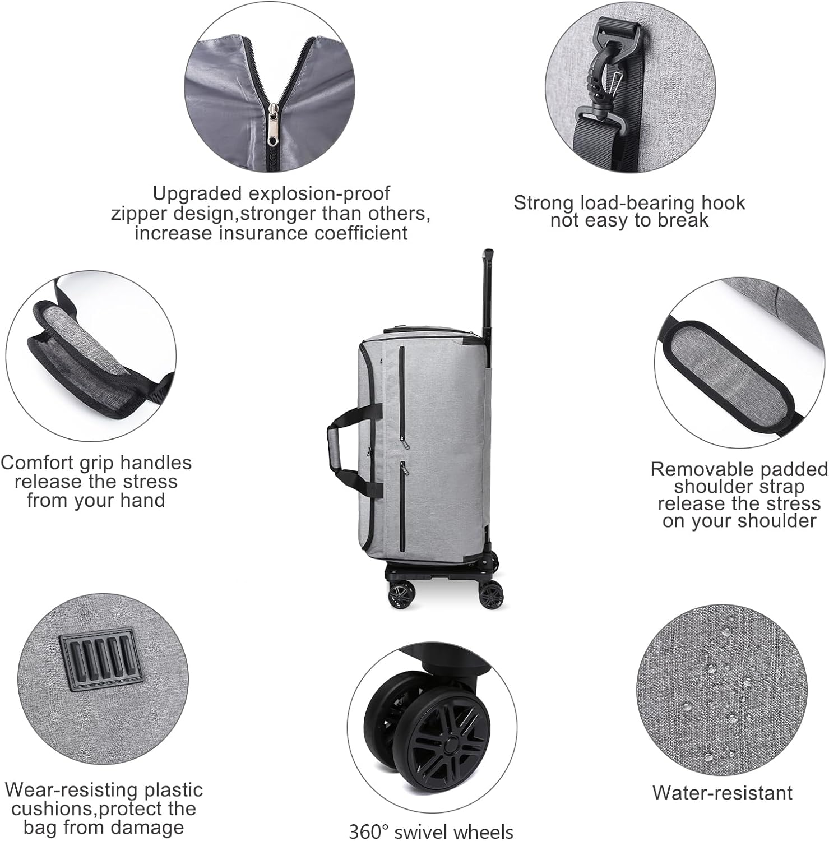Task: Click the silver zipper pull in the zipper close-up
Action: tap(273, 124)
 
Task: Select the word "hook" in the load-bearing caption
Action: tap(723, 202)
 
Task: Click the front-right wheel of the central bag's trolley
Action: tap(492, 594)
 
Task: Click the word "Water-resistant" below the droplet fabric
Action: tap(723, 793)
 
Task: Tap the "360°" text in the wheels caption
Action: tap(371, 831)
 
